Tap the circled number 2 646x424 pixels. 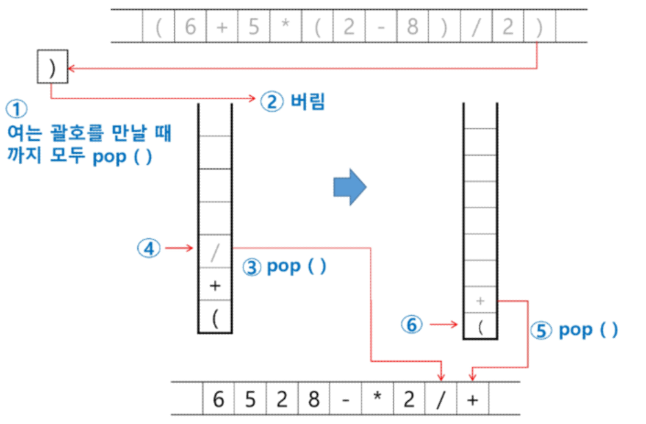pyautogui.click(x=272, y=101)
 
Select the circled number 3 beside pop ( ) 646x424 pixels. pyautogui.click(x=253, y=267)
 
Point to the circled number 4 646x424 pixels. pyautogui.click(x=148, y=247)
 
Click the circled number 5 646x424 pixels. pyautogui.click(x=544, y=331)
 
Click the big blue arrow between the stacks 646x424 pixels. pyautogui.click(x=348, y=188)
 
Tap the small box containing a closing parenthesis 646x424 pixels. pyautogui.click(x=51, y=67)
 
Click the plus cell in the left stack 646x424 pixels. pyautogui.click(x=215, y=285)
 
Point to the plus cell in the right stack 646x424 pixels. pyautogui.click(x=480, y=300)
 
